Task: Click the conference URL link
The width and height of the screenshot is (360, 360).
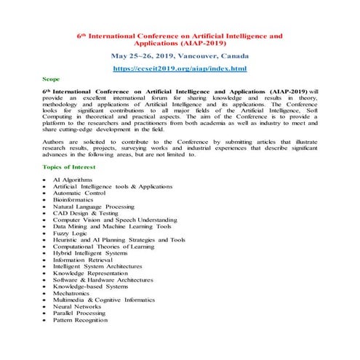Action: pos(180,68)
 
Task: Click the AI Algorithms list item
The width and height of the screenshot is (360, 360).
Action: pos(73,179)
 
